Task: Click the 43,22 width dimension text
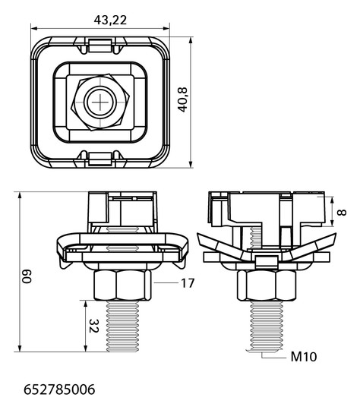pos(110,20)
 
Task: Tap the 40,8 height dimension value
pos(183,99)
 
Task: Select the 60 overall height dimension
pos(27,276)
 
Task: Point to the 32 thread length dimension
pos(93,326)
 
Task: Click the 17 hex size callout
pos(188,283)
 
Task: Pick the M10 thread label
pos(304,357)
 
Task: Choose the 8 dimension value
pos(342,213)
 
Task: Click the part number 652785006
pos(59,389)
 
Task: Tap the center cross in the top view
pos(100,102)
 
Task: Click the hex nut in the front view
pos(122,285)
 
